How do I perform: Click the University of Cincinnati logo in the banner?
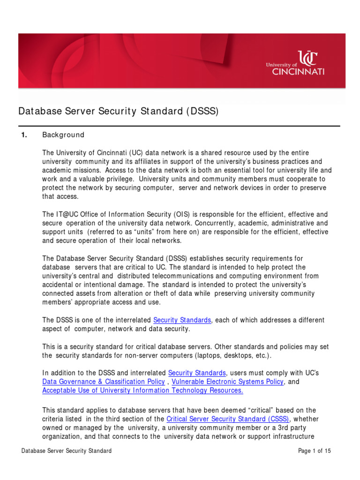pyautogui.click(x=295, y=63)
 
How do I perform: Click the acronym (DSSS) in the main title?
pyautogui.click(x=202, y=112)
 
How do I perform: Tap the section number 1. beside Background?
pyautogui.click(x=24, y=135)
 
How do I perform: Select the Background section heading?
pyautogui.click(x=63, y=135)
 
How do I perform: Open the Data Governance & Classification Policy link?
pyautogui.click(x=104, y=382)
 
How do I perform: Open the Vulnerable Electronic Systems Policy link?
pyautogui.click(x=227, y=382)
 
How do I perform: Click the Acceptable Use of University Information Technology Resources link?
pyautogui.click(x=142, y=390)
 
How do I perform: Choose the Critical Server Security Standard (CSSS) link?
pyautogui.click(x=228, y=419)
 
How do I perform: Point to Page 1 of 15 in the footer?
pyautogui.click(x=315, y=451)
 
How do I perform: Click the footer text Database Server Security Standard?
pyautogui.click(x=67, y=451)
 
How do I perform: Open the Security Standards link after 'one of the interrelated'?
pyautogui.click(x=182, y=320)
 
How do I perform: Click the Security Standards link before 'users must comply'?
pyautogui.click(x=197, y=373)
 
